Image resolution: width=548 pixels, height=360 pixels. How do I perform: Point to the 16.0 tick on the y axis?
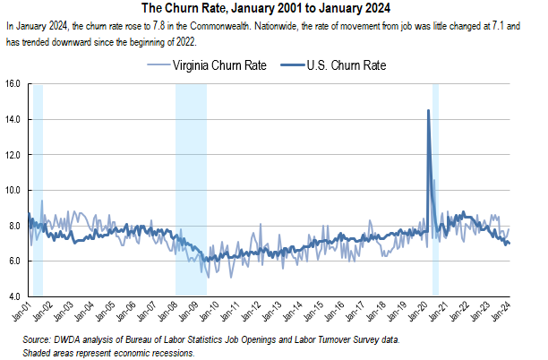[13, 84]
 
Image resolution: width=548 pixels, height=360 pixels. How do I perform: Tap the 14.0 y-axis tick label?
[13, 119]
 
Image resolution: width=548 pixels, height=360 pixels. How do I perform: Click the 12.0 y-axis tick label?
[13, 155]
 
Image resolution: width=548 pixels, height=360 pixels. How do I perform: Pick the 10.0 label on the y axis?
[13, 190]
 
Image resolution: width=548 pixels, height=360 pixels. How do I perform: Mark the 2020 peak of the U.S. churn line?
[428, 110]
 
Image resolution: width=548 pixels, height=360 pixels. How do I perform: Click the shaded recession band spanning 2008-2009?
[191, 188]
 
